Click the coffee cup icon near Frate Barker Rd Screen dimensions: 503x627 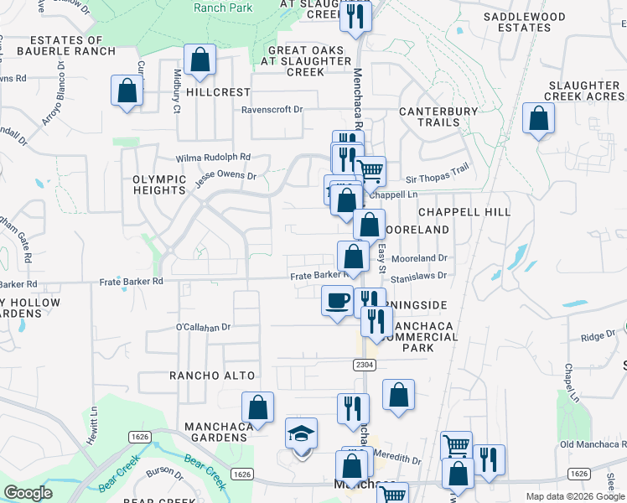click(338, 300)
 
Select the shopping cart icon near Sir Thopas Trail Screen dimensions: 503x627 click(370, 172)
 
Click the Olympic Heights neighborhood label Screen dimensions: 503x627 click(158, 184)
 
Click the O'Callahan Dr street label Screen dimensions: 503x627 click(203, 326)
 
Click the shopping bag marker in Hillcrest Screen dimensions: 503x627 click(199, 60)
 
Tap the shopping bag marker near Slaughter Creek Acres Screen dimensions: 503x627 click(538, 118)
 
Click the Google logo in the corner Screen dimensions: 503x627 click(28, 492)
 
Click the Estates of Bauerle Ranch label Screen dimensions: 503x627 click(71, 45)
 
